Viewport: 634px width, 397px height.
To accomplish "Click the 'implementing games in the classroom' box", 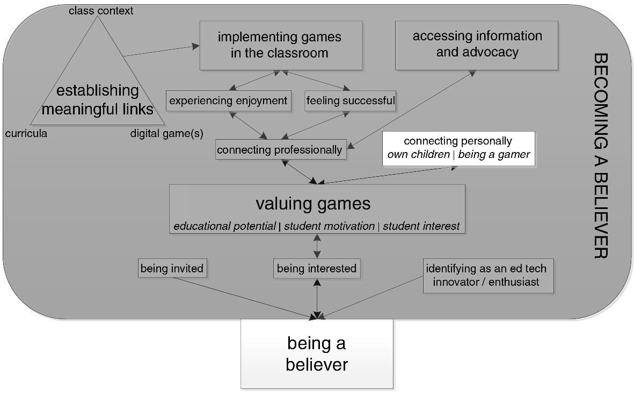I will pyautogui.click(x=280, y=45).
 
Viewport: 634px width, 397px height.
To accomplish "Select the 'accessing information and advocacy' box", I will pyautogui.click(x=476, y=45).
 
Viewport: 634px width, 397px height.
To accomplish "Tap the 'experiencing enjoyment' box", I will pyautogui.click(x=228, y=101).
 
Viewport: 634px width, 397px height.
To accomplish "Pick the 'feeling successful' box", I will pyautogui.click(x=350, y=101).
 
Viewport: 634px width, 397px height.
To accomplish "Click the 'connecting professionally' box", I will pyautogui.click(x=280, y=150).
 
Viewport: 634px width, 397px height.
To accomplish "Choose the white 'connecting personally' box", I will pyautogui.click(x=458, y=148).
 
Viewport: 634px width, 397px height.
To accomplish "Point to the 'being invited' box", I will pyautogui.click(x=172, y=268).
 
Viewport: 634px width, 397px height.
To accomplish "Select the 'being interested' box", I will pyautogui.click(x=317, y=268).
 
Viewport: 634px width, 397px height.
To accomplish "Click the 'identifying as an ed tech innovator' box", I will pyautogui.click(x=488, y=276).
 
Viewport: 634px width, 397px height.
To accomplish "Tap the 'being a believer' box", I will pyautogui.click(x=317, y=353).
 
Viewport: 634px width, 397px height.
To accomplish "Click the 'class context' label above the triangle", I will pyautogui.click(x=101, y=11).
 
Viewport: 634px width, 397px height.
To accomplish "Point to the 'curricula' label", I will pyautogui.click(x=26, y=134).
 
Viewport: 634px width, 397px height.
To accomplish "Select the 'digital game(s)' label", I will pyautogui.click(x=166, y=134).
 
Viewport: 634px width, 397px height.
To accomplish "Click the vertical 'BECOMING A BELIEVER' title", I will pyautogui.click(x=601, y=156).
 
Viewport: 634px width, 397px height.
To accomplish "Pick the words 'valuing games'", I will pyautogui.click(x=313, y=204).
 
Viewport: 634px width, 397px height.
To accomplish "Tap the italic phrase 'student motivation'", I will pyautogui.click(x=329, y=226).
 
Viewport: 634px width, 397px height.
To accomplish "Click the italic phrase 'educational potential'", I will pyautogui.click(x=224, y=226).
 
